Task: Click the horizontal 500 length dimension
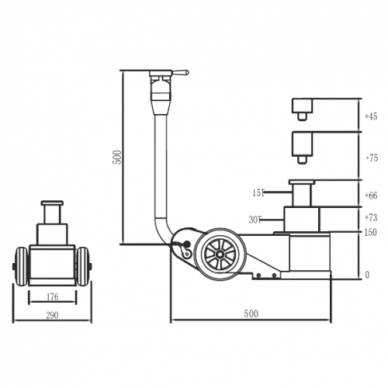pos(250,314)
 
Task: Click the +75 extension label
pos(370,158)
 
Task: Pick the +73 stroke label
pos(370,218)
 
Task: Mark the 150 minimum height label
pos(370,232)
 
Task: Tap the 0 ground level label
pos(367,275)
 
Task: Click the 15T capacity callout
pos(258,192)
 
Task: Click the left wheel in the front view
pos(20,265)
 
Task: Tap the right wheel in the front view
pos(82,265)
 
